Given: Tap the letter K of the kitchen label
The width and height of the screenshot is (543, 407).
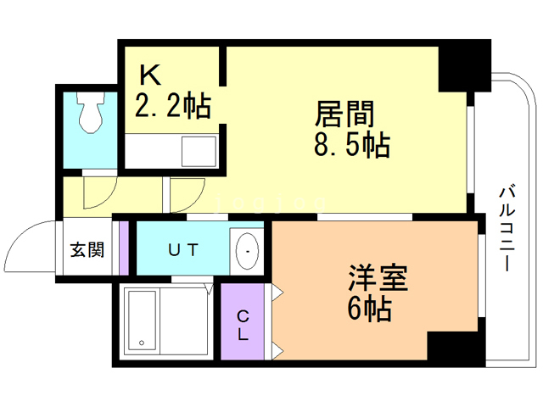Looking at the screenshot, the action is (150, 75).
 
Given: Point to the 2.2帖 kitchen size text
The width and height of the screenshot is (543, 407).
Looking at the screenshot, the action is (173, 105).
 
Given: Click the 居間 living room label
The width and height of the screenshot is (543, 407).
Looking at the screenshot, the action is (344, 114).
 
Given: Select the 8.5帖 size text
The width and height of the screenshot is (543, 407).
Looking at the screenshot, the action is (352, 145).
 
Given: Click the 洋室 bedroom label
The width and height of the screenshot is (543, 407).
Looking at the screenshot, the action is (378, 277).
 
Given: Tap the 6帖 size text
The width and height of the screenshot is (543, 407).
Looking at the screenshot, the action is (370, 309).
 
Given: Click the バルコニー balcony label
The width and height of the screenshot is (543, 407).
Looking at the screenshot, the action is (507, 228).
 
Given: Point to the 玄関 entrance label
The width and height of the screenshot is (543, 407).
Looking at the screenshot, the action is (87, 249).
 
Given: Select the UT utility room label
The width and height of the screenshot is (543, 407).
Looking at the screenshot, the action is (183, 249).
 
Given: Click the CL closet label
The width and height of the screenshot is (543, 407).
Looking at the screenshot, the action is (243, 325).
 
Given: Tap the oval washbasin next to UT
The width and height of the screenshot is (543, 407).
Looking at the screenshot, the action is (247, 251).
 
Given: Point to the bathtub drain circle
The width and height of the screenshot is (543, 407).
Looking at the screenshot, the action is (142, 343).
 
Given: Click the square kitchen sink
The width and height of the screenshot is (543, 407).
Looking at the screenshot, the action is (199, 152).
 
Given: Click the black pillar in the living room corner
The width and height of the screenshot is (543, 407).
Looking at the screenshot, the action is (465, 66).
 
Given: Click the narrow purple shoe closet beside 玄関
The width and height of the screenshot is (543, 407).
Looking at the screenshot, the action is (124, 248).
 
